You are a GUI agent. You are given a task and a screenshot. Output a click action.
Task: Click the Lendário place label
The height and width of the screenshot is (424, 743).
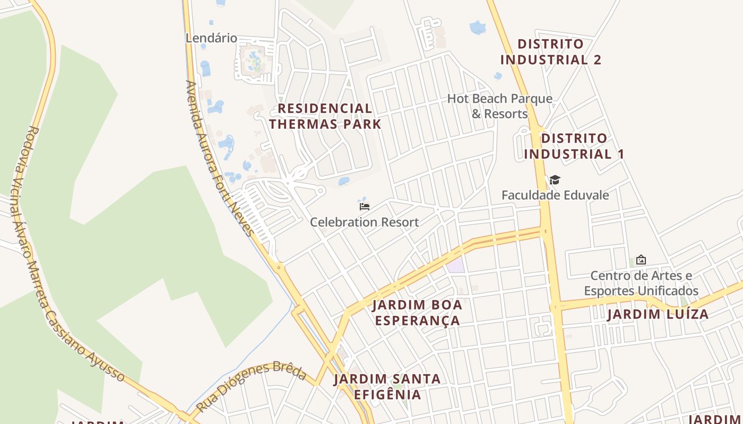coord(211,38)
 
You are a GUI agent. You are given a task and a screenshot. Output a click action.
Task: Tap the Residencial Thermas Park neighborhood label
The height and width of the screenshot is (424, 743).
coord(325,116)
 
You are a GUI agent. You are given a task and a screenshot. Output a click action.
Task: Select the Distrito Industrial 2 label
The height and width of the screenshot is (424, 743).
coord(550,51)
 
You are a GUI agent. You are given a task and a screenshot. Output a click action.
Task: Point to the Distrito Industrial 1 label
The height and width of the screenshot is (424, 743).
coord(574,146)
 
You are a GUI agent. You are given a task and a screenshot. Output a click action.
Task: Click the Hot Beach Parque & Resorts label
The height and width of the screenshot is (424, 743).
coord(499,106)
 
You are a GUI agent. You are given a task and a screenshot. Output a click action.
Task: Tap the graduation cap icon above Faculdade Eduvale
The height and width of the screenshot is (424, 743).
coord(555,180)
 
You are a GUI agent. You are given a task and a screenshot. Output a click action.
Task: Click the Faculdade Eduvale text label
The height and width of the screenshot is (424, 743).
coord(555,195)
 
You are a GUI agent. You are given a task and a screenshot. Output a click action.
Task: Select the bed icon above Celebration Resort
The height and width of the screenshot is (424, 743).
coord(364,207)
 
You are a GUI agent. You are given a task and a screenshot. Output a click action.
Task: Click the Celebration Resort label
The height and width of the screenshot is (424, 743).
coord(364,222)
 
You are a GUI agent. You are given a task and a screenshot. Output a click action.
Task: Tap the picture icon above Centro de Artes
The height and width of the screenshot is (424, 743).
coord(641,260)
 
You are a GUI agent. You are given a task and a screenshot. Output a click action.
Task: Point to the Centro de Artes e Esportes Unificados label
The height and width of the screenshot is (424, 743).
coord(641,283)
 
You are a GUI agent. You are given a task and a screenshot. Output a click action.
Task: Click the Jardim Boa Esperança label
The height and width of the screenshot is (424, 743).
coord(417,313)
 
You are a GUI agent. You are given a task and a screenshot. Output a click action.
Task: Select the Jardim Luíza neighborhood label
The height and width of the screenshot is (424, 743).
coord(658,314)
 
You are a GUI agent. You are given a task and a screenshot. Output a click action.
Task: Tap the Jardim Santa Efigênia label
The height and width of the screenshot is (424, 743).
coord(387,387)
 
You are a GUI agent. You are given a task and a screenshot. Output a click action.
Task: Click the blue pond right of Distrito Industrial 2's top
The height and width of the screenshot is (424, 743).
coord(478,27)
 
